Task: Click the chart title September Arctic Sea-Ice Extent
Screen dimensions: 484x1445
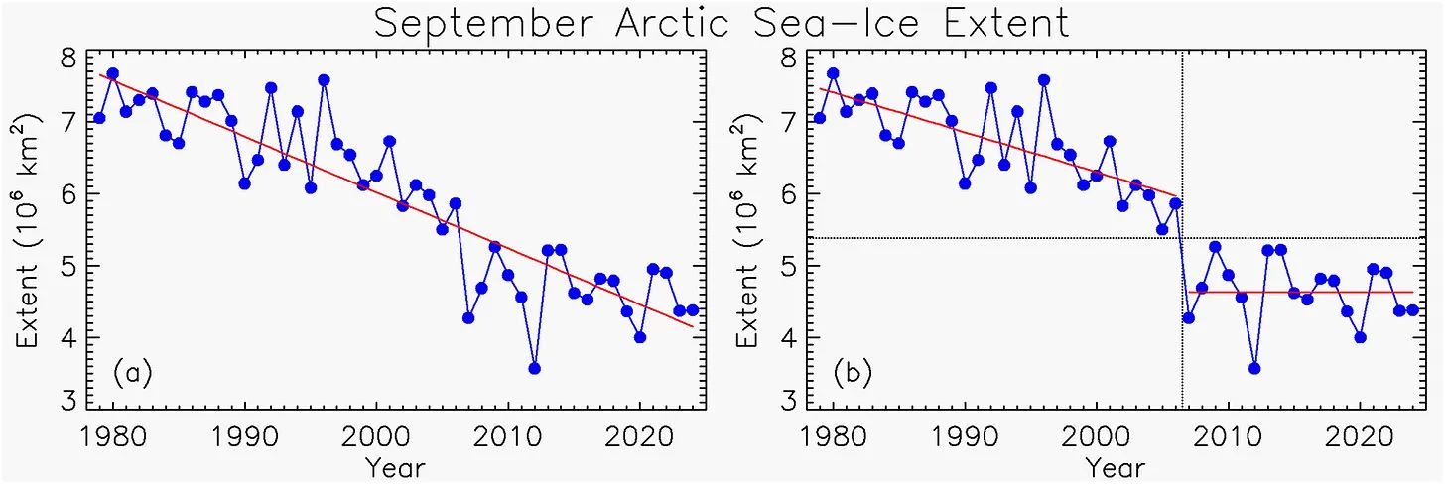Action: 722,22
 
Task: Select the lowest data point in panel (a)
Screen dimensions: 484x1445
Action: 535,368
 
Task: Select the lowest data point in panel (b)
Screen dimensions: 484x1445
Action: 1254,368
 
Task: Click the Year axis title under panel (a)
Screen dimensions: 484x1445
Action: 394,466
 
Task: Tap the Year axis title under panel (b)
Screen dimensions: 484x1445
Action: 1115,466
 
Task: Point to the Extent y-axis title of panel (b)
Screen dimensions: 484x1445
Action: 750,233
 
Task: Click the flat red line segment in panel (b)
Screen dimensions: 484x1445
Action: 1310,292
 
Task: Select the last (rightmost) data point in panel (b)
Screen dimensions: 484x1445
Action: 1412,310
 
